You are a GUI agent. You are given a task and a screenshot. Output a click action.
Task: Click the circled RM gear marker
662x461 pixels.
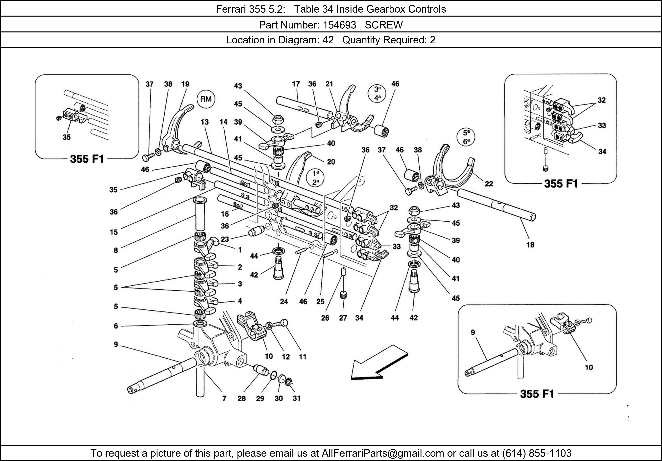click(x=206, y=99)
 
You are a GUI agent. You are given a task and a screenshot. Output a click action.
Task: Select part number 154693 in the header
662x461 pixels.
click(x=339, y=25)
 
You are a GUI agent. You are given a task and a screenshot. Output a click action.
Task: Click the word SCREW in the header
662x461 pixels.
click(x=384, y=25)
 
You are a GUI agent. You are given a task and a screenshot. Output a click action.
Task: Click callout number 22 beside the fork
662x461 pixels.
click(x=489, y=184)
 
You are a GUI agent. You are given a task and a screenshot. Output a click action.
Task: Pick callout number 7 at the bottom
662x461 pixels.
click(x=224, y=398)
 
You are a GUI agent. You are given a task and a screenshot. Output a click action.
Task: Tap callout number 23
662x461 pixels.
click(x=225, y=239)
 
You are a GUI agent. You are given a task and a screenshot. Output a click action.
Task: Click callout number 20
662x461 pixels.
click(x=331, y=162)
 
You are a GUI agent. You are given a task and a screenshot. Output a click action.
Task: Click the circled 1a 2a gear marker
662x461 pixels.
click(x=316, y=177)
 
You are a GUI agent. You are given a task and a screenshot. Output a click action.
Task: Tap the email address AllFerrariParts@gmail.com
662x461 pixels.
click(x=383, y=453)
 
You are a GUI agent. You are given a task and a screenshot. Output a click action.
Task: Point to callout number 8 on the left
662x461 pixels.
click(x=116, y=250)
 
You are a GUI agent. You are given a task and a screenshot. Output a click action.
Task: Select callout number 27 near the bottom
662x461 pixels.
click(x=343, y=318)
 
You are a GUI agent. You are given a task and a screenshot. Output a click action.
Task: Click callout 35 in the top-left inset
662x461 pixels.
click(x=67, y=137)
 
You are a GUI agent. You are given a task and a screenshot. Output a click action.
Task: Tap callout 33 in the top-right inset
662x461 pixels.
click(x=602, y=126)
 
